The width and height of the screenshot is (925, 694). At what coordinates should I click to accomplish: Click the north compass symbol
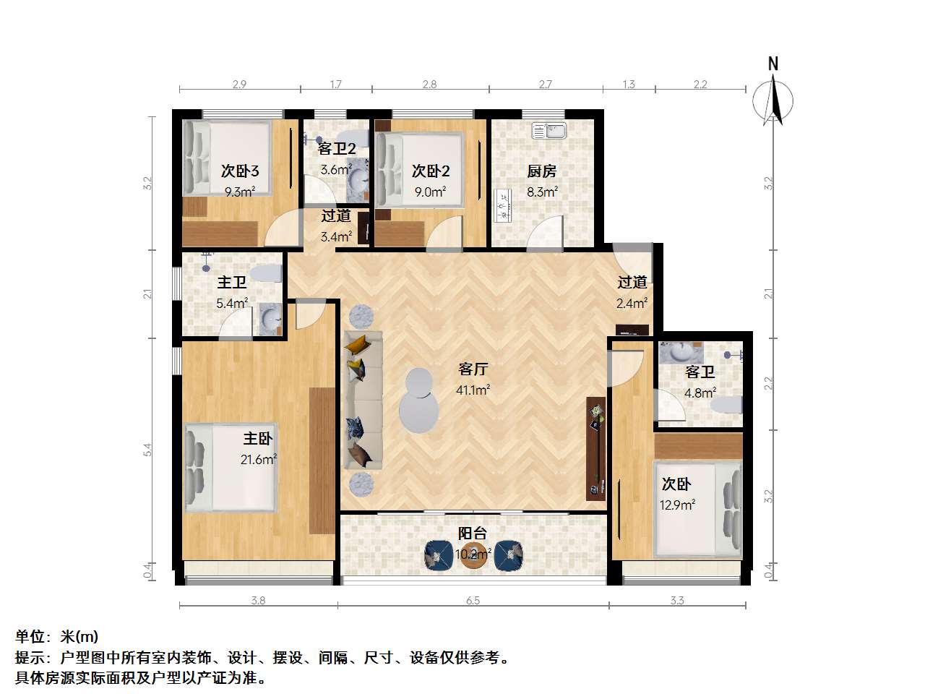773,98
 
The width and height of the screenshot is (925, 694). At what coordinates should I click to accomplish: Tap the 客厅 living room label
473,369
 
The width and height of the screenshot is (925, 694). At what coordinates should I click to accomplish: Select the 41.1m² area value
473,390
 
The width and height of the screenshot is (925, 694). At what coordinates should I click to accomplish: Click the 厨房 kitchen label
541,171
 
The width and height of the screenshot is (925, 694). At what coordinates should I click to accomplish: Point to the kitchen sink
548,131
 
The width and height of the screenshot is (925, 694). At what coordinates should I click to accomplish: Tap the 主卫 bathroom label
232,283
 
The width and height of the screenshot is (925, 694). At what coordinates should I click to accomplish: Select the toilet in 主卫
268,274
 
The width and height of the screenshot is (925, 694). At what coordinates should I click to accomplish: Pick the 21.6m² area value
259,459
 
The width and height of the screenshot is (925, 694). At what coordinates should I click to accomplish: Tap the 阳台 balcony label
473,534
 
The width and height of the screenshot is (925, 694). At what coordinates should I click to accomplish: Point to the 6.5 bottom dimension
473,600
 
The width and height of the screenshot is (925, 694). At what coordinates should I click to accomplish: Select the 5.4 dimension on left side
147,449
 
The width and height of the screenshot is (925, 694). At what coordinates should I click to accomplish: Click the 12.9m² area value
677,505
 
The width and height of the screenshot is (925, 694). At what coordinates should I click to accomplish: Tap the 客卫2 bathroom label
337,149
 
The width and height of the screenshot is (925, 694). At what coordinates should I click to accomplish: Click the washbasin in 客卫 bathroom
680,352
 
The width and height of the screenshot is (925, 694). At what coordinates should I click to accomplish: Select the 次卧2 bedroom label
431,171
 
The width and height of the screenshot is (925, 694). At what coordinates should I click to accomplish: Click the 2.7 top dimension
546,85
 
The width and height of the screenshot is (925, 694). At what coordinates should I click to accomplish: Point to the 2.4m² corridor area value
632,304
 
